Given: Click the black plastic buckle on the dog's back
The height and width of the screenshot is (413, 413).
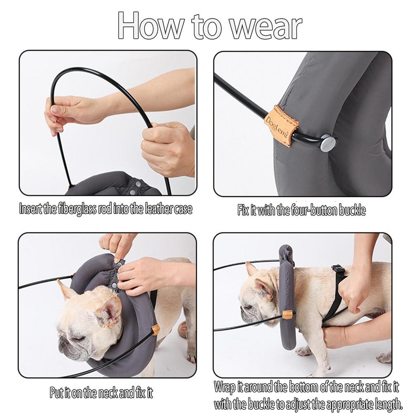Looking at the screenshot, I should (338, 271).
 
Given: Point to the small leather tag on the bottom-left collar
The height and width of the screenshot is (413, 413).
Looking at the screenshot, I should (155, 329).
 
